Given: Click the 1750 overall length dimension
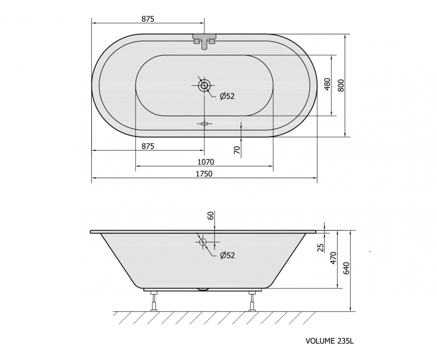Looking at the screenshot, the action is pos(204,174).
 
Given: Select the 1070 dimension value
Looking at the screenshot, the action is pos(206,162).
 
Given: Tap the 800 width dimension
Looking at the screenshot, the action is pos(341,86).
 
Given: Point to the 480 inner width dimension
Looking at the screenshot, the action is pos(327,84).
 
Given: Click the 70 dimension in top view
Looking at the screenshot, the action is pos(237,150).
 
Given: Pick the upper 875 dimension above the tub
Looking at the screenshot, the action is pos(147,19).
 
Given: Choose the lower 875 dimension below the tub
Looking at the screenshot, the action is pos(147,146).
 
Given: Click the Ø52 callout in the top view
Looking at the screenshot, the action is pos(227,96).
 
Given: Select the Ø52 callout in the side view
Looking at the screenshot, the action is pos(227,255).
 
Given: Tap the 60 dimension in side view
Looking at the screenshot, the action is pos(211,215).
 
